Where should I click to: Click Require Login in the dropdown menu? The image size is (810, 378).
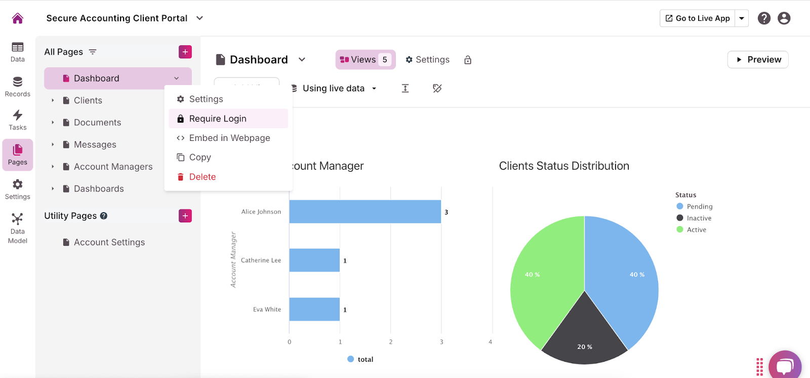tap(218, 119)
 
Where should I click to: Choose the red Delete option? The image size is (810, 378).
tap(202, 177)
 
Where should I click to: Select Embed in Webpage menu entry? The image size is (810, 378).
tap(229, 138)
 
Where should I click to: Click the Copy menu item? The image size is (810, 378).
tap(200, 157)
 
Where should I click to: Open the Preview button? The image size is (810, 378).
tap(758, 59)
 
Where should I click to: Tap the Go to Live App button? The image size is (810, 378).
tap(698, 18)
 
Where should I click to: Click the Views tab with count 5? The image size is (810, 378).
tap(365, 59)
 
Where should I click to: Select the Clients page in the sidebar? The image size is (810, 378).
tap(88, 100)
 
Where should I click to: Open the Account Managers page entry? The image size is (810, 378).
tap(113, 167)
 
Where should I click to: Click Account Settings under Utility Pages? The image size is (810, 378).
tap(109, 242)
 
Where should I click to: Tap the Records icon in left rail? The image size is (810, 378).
tap(18, 86)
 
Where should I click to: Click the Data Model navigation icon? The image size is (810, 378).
tap(18, 228)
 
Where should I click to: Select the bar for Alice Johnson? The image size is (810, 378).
tap(364, 212)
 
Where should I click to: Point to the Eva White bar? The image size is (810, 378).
tap(314, 309)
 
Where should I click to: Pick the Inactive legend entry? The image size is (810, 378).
tap(699, 218)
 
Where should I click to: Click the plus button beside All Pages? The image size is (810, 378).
tap(185, 52)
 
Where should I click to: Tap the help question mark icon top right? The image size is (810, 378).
tap(764, 18)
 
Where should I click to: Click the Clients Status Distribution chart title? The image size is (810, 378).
tap(564, 166)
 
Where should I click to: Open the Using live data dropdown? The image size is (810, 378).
tap(335, 88)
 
